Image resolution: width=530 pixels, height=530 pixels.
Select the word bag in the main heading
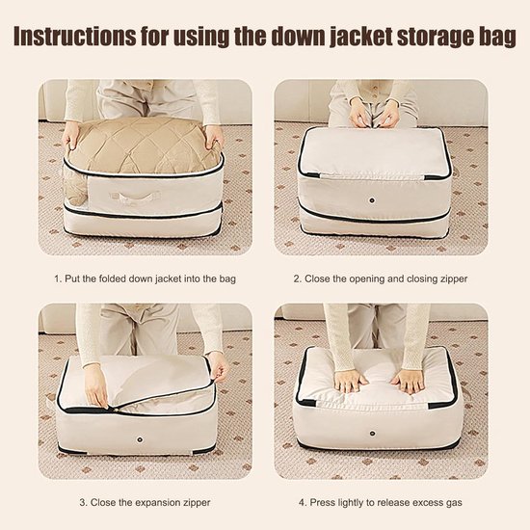497,39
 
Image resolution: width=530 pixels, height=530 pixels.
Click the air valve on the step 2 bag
372,200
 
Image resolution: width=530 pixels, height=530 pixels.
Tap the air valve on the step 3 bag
140,439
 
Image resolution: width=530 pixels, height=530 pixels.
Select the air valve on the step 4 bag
372,434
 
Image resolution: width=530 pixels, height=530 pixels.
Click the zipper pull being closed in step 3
109,409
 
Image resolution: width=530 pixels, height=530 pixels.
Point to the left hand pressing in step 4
350,382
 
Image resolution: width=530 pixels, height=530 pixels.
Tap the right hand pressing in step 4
407,382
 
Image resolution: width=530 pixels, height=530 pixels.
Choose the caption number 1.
58,279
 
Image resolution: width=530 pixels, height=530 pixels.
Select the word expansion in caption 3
154,503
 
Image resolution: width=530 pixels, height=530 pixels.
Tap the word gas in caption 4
454,503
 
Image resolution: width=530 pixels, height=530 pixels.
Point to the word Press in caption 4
322,502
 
